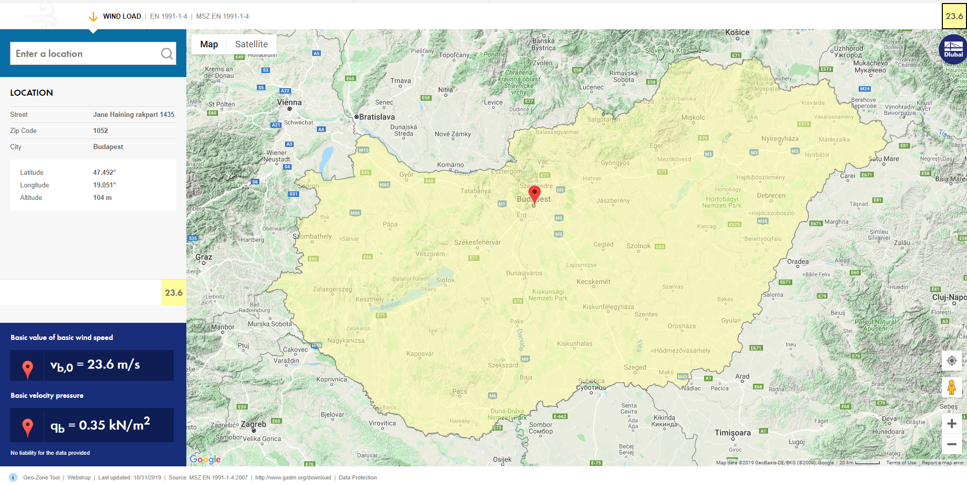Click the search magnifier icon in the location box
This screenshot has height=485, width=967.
coord(167,54)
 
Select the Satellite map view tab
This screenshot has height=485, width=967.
coord(251,44)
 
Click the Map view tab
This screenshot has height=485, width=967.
coord(209,44)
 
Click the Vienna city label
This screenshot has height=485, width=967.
coord(289,103)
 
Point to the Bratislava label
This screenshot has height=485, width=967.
coord(376,117)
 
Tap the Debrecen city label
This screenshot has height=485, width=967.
coord(771,195)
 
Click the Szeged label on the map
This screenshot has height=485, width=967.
coord(635,367)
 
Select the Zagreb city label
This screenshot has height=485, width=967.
coord(253,424)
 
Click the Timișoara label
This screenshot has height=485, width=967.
coord(732,433)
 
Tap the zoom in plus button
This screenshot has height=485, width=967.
coord(951,424)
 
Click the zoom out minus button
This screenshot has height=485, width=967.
coord(951,444)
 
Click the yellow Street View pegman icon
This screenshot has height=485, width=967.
coord(951,387)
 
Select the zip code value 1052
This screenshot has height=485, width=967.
coord(101,131)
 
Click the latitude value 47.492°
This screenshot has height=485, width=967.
coord(104,172)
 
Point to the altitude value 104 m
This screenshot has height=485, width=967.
coord(102,198)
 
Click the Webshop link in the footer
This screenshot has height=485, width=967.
coord(79,477)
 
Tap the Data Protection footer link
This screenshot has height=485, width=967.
coord(358,477)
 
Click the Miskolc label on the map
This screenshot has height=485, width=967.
coord(693,117)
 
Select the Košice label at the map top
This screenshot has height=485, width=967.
coord(737,33)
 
